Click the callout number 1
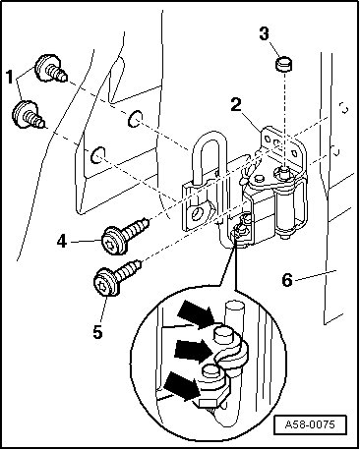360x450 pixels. pyautogui.click(x=10, y=78)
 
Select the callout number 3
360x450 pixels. pyautogui.click(x=265, y=34)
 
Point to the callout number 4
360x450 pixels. pyautogui.click(x=61, y=243)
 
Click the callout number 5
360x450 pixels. pyautogui.click(x=97, y=332)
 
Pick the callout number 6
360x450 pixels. pyautogui.click(x=287, y=280)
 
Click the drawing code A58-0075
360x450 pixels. pyautogui.click(x=310, y=424)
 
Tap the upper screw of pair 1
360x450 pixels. pyautogui.click(x=51, y=68)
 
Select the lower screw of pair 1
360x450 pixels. pyautogui.click(x=29, y=115)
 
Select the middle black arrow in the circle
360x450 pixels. pyautogui.click(x=193, y=349)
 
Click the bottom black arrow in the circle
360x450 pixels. pyautogui.click(x=182, y=387)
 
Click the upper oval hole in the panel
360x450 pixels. pyautogui.click(x=135, y=119)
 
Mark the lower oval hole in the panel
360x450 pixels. pyautogui.click(x=98, y=155)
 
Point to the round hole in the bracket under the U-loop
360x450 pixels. pyautogui.click(x=199, y=213)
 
